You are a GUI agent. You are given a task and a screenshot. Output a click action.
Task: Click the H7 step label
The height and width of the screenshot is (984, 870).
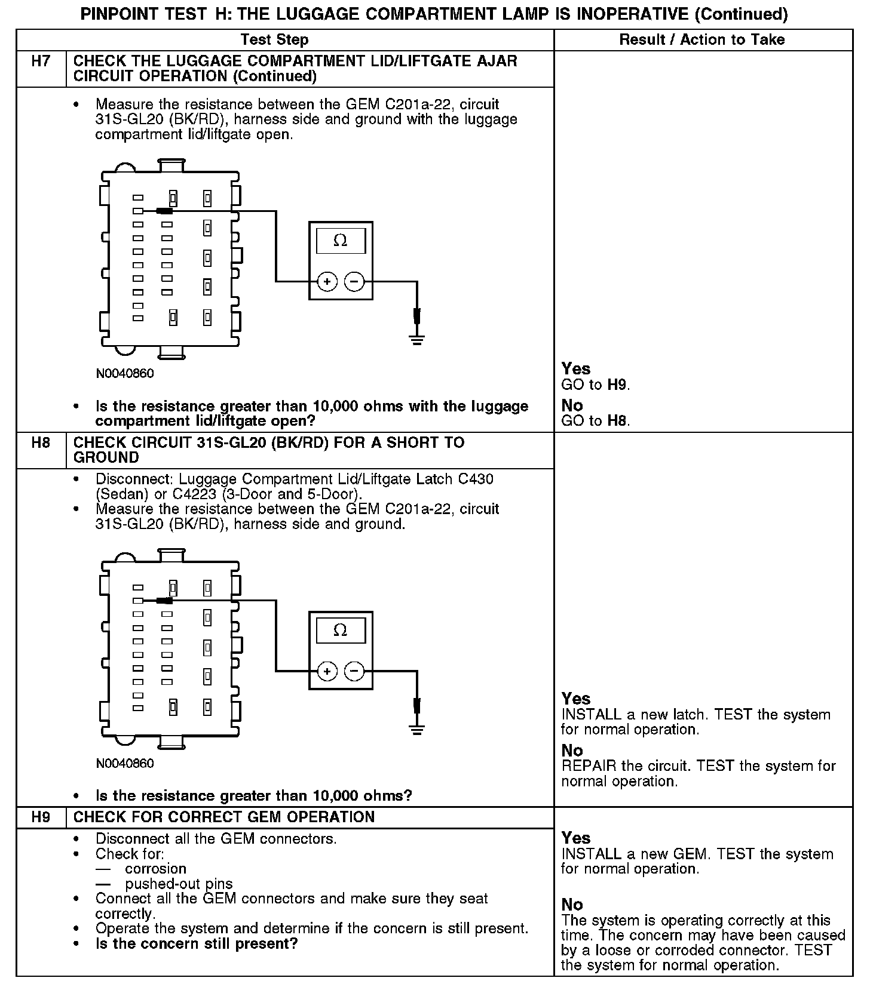coord(40,61)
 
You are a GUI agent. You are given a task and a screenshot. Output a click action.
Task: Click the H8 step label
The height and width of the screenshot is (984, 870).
coord(40,442)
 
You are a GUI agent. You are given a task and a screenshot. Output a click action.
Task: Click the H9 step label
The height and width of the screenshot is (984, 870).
coord(40,817)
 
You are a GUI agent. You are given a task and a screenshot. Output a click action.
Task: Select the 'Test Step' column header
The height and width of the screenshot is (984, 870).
coord(274,40)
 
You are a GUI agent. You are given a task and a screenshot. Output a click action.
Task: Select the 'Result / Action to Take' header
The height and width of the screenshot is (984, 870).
coord(702,40)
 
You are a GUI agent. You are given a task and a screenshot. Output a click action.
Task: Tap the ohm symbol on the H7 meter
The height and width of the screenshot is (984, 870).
coord(340,240)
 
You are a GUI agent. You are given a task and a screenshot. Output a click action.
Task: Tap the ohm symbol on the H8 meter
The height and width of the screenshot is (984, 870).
coord(340,630)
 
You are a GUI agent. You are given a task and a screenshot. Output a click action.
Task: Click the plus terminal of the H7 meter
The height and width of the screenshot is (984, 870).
coord(327,281)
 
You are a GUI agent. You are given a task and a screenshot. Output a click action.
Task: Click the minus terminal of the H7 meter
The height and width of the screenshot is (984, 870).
coord(354,281)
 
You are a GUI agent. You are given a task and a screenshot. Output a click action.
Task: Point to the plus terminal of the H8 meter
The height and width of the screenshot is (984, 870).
coord(327,671)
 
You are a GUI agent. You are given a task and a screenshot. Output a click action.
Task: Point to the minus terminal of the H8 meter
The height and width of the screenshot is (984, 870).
coord(354,671)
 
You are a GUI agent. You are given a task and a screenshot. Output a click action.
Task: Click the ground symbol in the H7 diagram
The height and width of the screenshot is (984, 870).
coord(416,340)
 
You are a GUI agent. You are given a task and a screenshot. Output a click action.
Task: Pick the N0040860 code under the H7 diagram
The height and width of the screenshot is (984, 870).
coord(125,374)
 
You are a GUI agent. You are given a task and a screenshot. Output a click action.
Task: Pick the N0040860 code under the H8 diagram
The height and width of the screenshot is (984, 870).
coord(125,764)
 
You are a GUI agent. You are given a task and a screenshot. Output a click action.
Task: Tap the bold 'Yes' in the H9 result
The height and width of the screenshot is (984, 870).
coord(576,838)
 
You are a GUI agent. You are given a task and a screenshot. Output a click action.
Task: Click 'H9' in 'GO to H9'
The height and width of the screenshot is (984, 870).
coord(617,385)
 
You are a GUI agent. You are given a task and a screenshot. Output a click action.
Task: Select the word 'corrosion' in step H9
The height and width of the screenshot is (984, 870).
coord(155,869)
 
